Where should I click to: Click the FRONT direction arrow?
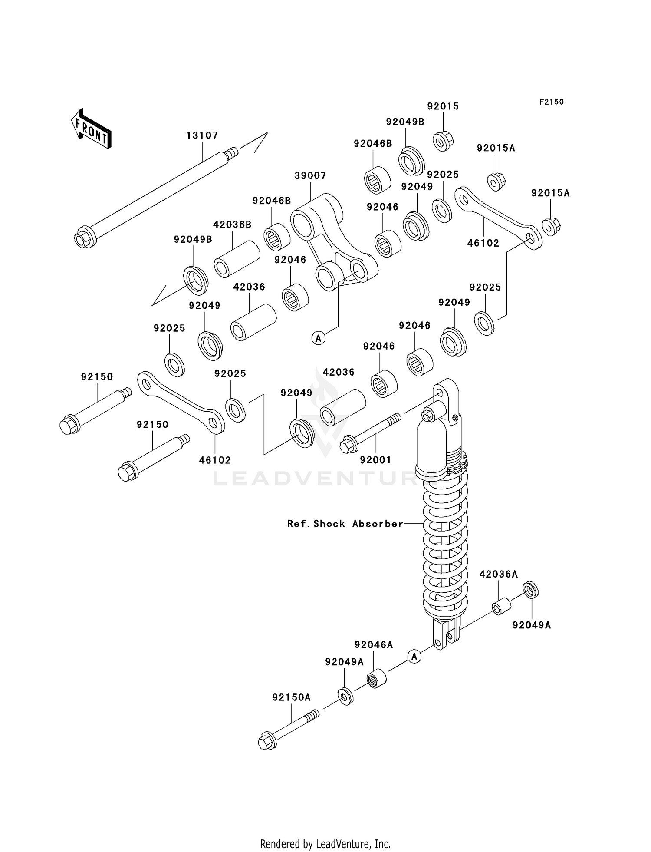coord(92,129)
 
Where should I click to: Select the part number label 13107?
coord(202,135)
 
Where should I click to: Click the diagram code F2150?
coord(551,102)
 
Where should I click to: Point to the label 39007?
coord(310,176)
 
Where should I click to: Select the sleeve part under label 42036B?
coord(237,259)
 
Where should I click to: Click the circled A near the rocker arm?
coord(319,338)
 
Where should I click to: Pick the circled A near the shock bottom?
coord(414,657)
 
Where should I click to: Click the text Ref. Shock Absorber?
coord(345,524)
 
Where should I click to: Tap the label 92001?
coord(375,460)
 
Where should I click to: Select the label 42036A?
coord(498,574)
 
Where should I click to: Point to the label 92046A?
coord(373,645)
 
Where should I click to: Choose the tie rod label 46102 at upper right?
coord(483,243)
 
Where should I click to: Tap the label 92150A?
coord(291,697)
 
